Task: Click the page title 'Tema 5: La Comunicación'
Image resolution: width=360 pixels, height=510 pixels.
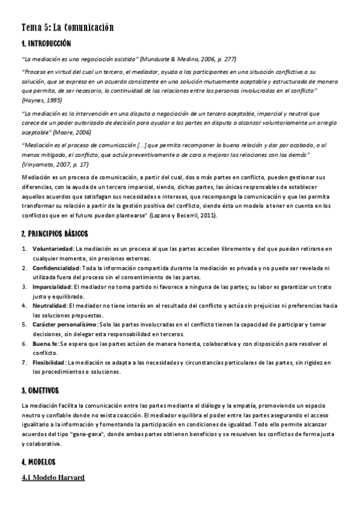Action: (x=67, y=28)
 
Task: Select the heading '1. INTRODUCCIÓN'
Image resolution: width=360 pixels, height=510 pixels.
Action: (x=46, y=44)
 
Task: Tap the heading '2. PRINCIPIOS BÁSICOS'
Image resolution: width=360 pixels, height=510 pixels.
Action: (x=54, y=233)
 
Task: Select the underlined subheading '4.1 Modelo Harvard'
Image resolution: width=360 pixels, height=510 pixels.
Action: (x=52, y=478)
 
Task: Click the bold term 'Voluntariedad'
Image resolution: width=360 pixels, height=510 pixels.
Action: (x=53, y=248)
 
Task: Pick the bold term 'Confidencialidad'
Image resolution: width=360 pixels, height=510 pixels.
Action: (x=56, y=267)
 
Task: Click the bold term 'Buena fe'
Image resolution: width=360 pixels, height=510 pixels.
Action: (x=44, y=343)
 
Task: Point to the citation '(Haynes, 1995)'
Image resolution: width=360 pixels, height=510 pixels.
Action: (x=41, y=99)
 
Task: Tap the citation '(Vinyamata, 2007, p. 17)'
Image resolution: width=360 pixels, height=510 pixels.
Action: (x=55, y=164)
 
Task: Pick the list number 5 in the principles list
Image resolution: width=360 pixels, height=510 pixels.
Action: (x=24, y=324)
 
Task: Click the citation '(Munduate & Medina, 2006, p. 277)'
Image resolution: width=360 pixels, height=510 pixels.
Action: (x=188, y=59)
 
